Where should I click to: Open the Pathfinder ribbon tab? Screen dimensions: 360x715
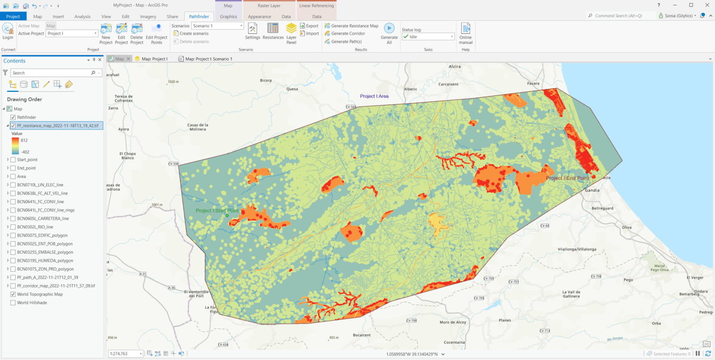[x=199, y=17]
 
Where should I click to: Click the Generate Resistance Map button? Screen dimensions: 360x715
[x=351, y=26]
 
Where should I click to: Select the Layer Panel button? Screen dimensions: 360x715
[x=291, y=33]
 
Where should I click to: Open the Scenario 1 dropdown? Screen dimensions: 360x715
[x=241, y=26]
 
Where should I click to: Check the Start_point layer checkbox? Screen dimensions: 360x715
[x=13, y=159]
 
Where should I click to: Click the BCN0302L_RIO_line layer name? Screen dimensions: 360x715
[x=35, y=227]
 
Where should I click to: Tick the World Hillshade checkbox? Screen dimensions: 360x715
[x=13, y=303]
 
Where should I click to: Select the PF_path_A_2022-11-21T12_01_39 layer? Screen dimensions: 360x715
[x=47, y=277]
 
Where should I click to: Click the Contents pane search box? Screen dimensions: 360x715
[x=51, y=73]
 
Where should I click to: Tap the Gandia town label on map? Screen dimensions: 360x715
[x=592, y=190]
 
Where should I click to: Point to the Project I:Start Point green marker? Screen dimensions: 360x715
[x=227, y=216]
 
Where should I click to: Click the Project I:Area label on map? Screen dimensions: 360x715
[x=374, y=96]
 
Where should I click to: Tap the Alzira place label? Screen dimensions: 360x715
[x=454, y=67]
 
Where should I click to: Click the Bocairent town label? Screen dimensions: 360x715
[x=362, y=335]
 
